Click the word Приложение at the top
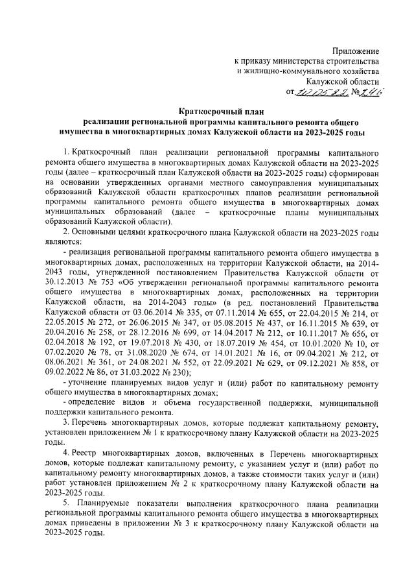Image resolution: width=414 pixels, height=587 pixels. click(x=355, y=51)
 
